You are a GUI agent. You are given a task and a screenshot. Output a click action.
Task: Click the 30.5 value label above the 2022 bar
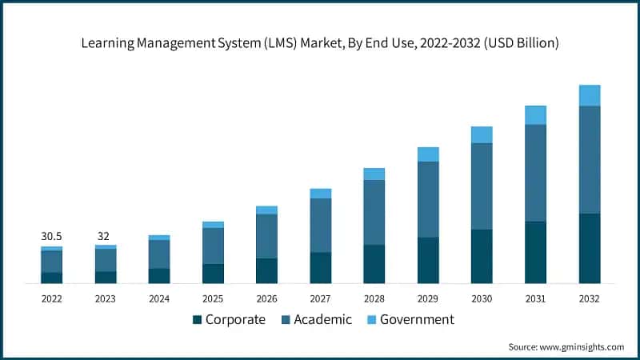coord(51,237)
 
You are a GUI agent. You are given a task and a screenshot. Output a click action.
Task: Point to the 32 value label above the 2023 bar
coord(105,237)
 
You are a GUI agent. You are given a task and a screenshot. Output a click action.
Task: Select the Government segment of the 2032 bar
coord(590,95)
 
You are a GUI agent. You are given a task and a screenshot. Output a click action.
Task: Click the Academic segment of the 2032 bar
coord(590,159)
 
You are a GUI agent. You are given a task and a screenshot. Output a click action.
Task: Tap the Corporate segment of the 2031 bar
coord(535,252)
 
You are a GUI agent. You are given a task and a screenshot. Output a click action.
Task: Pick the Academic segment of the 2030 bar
coord(482,186)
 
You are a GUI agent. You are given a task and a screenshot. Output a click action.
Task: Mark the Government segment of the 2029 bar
coord(428,154)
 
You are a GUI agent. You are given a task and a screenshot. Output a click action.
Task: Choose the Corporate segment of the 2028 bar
coord(374,264)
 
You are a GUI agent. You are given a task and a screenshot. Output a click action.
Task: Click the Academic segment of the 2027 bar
coord(321,225)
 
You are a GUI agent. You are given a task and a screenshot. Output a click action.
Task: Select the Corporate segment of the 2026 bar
coord(266,270)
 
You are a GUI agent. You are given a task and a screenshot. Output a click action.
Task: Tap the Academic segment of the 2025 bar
coord(213,246)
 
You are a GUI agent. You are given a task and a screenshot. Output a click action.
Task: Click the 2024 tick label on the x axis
coord(159,298)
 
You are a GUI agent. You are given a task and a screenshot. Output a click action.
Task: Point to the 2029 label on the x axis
coord(428,298)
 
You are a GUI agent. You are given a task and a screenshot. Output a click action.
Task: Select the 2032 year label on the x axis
coord(590,298)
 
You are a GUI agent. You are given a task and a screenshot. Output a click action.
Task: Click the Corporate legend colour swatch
coord(197,320)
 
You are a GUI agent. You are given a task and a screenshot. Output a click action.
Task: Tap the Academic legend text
coord(322,320)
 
